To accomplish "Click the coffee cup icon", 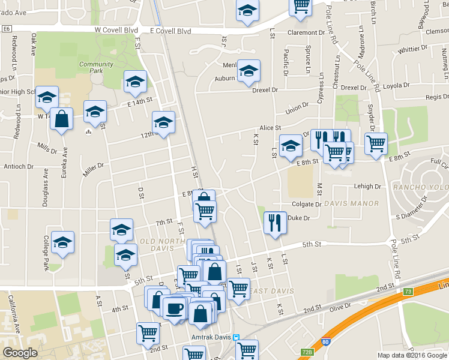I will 174,307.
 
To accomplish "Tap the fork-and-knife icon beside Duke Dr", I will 275,223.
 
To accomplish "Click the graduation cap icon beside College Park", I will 62,242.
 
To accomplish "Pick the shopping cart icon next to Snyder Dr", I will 376,143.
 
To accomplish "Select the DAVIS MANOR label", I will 351,203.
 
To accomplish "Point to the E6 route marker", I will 7,28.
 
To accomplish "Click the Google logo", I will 20,352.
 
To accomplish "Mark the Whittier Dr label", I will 412,49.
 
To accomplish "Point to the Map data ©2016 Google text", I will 412,355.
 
